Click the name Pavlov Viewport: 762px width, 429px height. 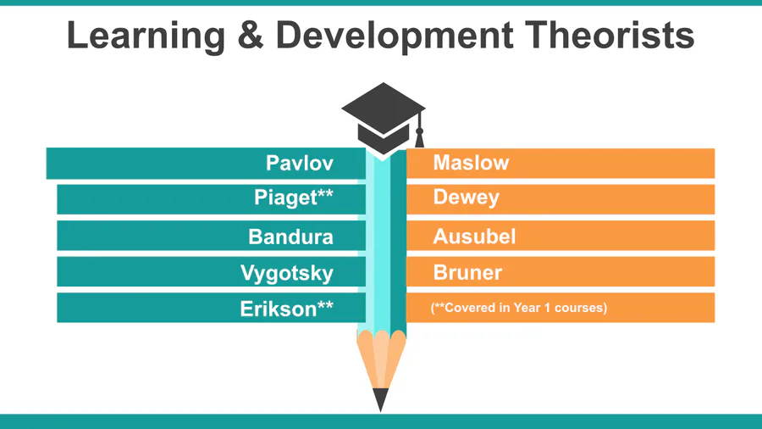[300, 163]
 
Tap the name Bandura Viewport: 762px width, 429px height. [290, 237]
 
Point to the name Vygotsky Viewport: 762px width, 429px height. [287, 273]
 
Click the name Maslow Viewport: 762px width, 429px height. [471, 163]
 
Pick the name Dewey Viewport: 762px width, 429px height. [466, 198]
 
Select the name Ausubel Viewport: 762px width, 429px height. [474, 237]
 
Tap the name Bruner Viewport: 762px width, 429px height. [467, 272]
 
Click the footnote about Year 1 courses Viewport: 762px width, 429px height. [519, 308]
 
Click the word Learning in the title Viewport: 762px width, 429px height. [146, 36]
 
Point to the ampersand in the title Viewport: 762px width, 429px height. [251, 35]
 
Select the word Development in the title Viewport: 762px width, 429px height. [395, 36]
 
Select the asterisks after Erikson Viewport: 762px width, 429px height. [326, 304]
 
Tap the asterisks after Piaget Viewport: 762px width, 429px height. [326, 193]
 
